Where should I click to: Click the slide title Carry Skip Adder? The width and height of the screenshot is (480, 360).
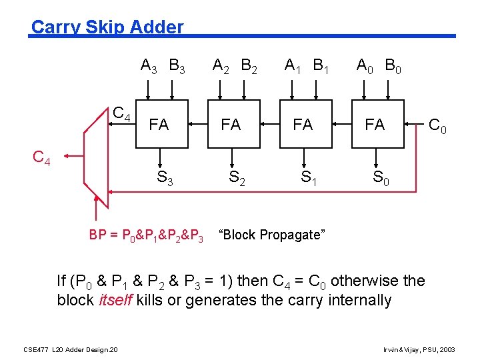(107, 27)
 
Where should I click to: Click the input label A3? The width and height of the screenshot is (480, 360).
(149, 66)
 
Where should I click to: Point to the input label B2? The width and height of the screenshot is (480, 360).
(251, 66)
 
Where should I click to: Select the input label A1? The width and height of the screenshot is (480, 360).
(292, 66)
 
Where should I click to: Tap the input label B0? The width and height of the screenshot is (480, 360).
(394, 66)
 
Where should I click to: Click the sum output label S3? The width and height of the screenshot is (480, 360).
(164, 178)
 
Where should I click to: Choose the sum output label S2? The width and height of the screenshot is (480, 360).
(235, 178)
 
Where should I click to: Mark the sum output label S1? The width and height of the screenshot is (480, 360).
(307, 178)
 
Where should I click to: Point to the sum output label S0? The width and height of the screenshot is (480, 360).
(379, 178)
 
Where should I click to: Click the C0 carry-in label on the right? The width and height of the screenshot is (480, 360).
(438, 125)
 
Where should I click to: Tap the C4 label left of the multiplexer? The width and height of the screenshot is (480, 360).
(42, 158)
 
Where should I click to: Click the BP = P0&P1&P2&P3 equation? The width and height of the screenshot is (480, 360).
(146, 235)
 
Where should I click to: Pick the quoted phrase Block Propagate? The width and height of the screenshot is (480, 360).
(272, 235)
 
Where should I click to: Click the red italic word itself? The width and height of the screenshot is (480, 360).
(116, 299)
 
